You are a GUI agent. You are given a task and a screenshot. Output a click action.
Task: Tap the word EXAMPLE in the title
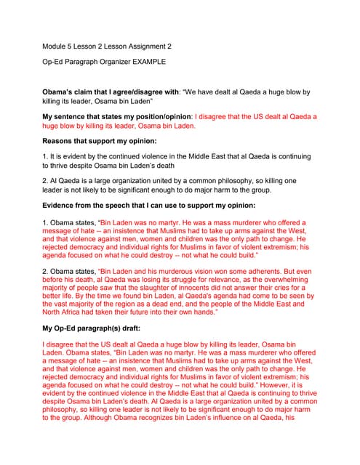tap(145, 62)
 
